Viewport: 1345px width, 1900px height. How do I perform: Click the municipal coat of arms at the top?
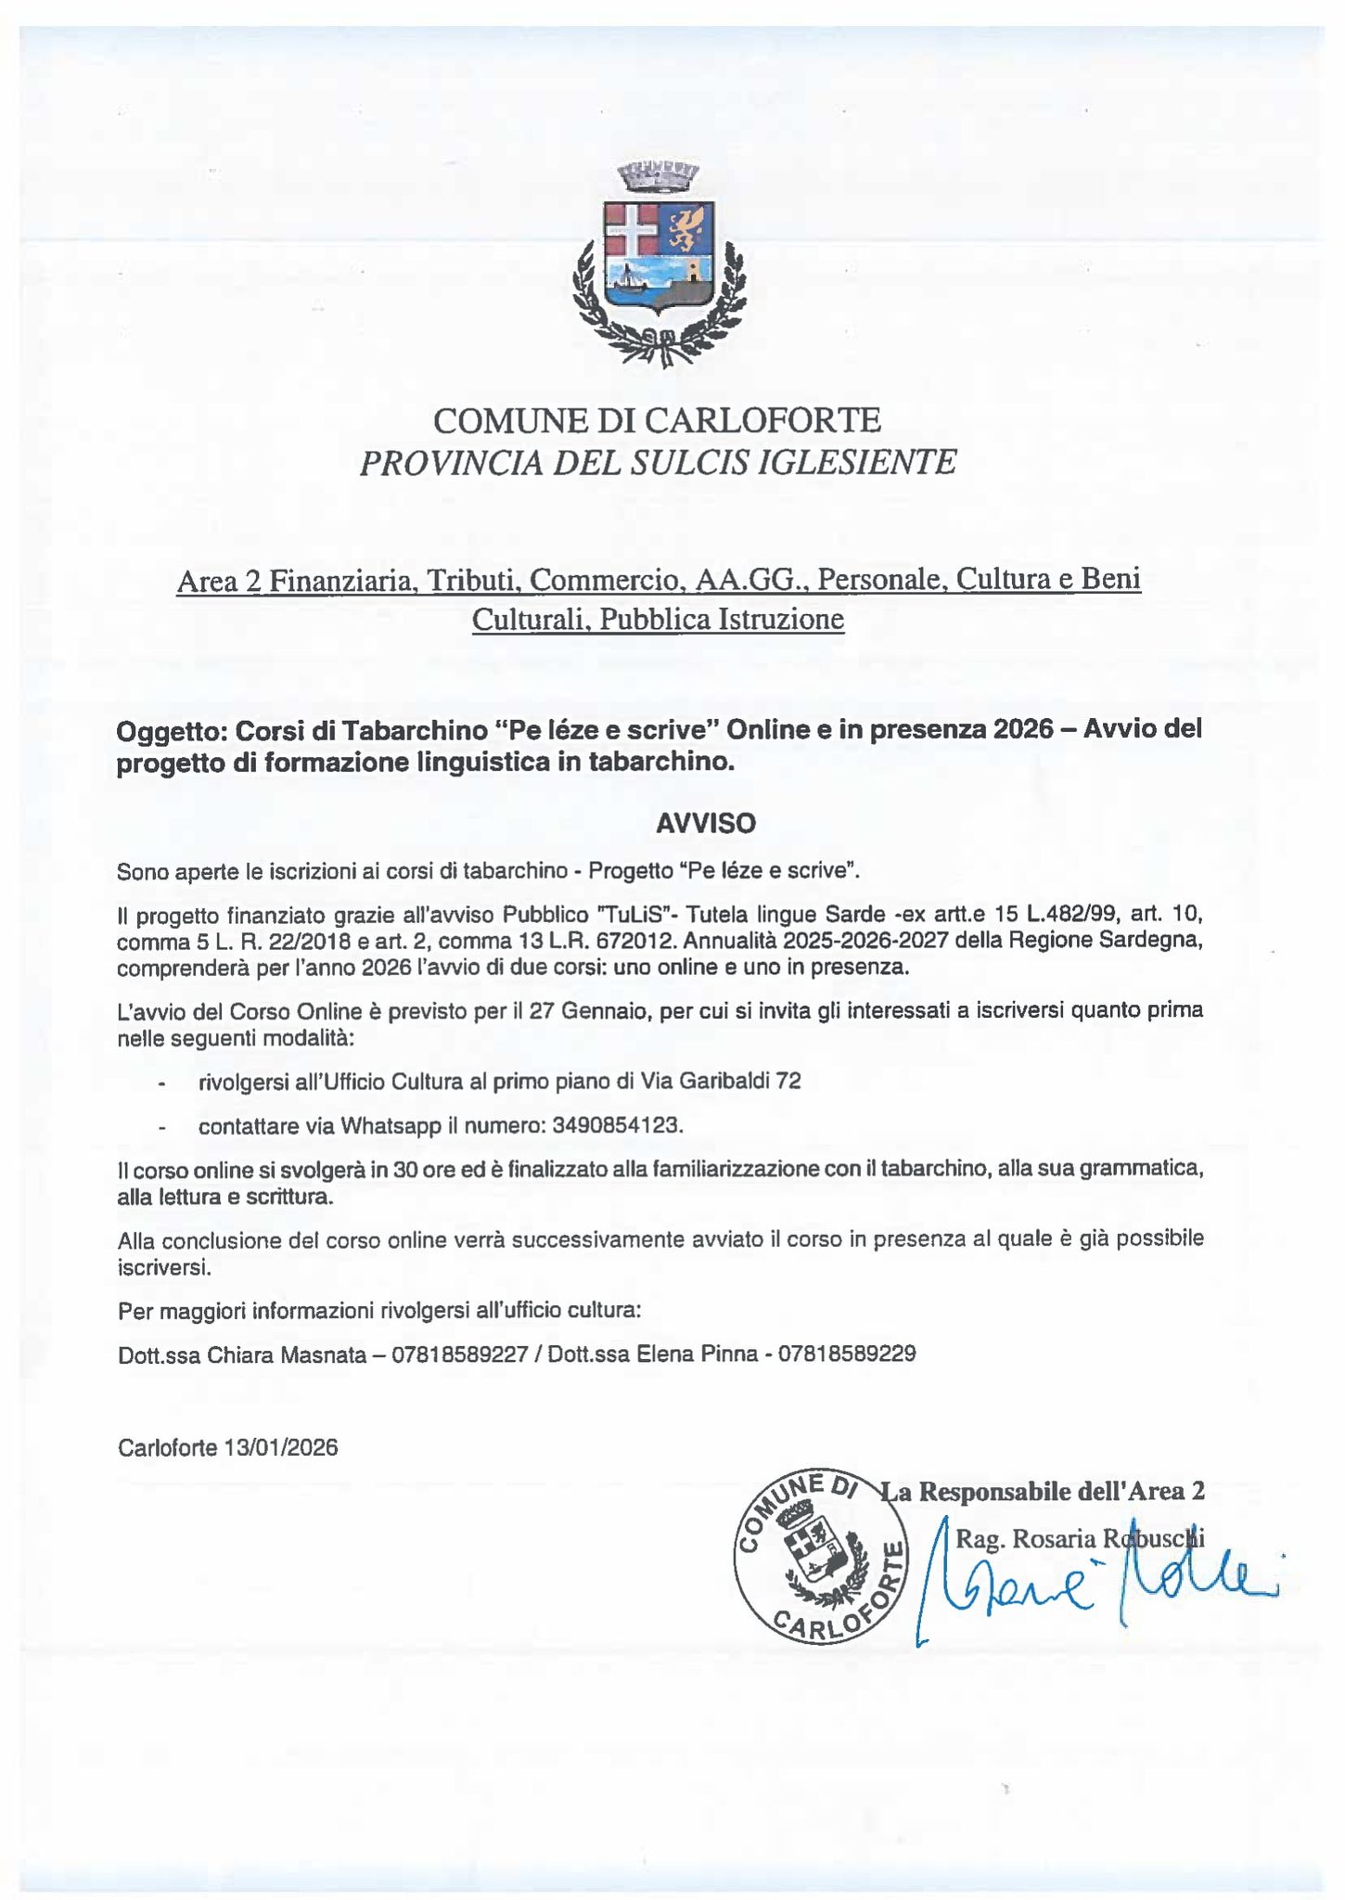tap(660, 263)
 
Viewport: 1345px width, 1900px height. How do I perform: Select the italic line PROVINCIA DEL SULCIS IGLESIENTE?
tap(657, 462)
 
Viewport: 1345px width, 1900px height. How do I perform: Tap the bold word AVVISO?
tap(706, 823)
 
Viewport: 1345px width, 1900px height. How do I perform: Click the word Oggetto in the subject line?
tap(171, 731)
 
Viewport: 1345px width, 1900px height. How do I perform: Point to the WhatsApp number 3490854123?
tap(616, 1125)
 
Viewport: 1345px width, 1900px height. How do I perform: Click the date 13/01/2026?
tap(280, 1447)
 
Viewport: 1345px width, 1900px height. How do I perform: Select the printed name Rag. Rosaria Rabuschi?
tap(1079, 1539)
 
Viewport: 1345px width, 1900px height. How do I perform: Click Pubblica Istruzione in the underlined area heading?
tap(722, 619)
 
